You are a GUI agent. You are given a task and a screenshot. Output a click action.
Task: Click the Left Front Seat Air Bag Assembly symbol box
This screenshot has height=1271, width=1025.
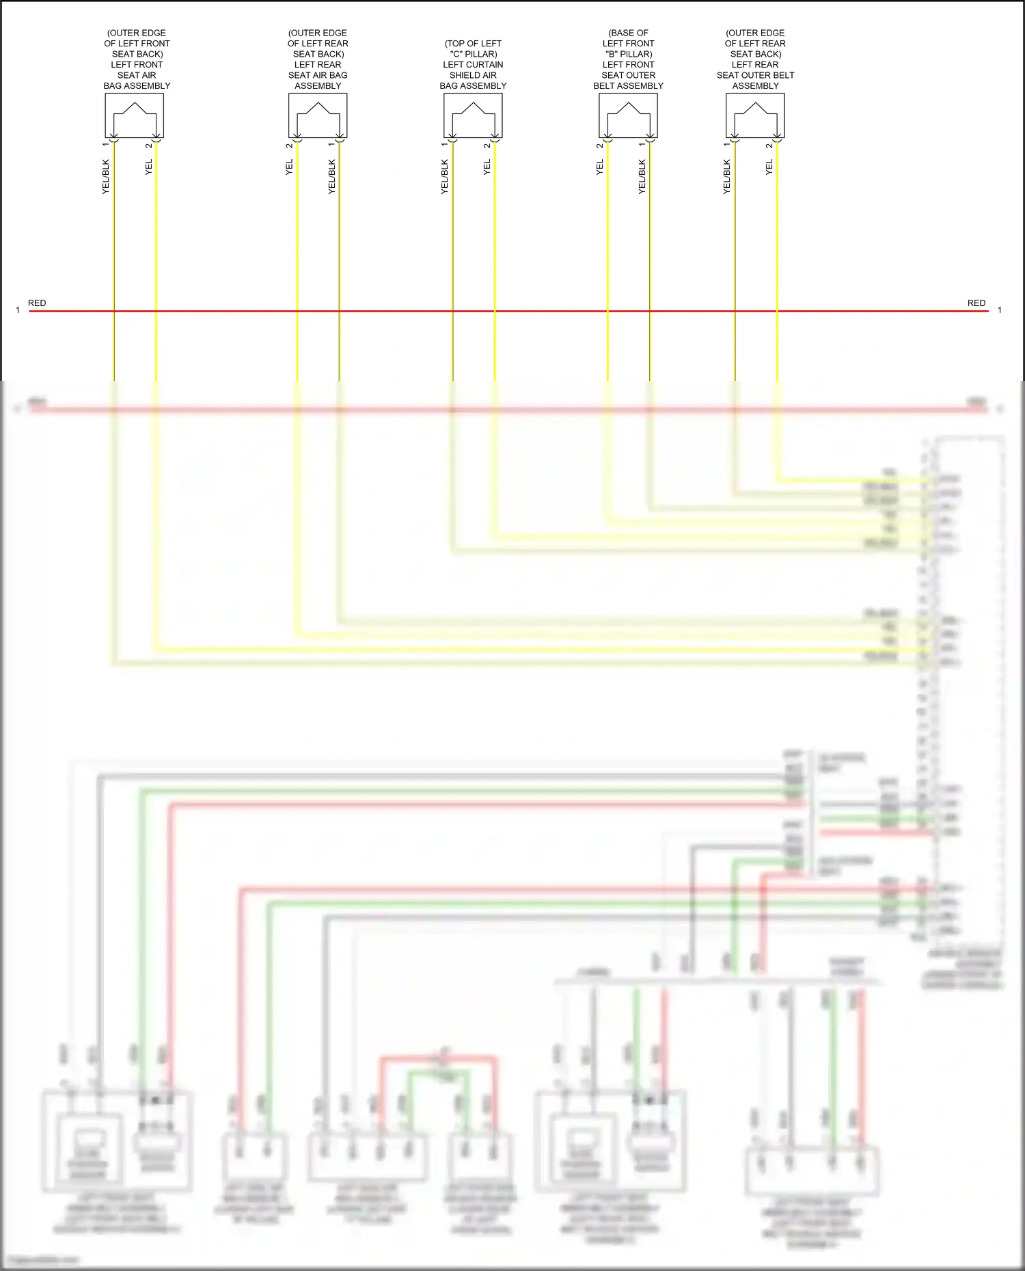click(x=134, y=115)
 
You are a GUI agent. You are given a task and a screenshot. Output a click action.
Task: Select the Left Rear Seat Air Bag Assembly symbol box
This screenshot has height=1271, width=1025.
click(x=318, y=115)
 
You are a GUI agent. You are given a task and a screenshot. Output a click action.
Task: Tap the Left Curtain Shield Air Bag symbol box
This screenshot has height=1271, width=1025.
click(x=473, y=115)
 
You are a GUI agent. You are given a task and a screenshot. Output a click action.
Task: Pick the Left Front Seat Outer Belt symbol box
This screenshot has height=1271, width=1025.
click(x=628, y=115)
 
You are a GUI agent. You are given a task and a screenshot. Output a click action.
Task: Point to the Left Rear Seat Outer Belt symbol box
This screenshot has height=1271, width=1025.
click(x=755, y=115)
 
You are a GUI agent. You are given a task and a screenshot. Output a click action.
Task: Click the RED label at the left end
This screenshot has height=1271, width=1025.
click(x=37, y=303)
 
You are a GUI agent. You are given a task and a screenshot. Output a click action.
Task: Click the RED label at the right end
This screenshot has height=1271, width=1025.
click(x=976, y=303)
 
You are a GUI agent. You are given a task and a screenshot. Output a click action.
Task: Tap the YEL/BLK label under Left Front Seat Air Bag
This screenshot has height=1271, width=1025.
click(x=105, y=177)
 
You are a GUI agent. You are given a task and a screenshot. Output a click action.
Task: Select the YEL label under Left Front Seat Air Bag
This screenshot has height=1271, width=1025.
click(x=148, y=167)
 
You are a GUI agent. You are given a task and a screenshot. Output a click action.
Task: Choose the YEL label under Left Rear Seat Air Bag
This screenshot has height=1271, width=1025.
click(x=289, y=167)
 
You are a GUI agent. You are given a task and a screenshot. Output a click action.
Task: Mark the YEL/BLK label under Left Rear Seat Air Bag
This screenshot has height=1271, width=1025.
click(x=332, y=177)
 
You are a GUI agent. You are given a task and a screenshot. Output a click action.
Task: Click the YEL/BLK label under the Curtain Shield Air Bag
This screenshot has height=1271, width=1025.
click(x=444, y=177)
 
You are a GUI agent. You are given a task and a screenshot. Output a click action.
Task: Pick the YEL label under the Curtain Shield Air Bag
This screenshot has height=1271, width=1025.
click(x=487, y=167)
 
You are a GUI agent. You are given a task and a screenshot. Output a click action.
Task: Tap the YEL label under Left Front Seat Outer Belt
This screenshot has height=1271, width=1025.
click(x=599, y=167)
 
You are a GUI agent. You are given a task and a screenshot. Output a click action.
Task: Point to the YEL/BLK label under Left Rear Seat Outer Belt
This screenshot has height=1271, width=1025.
click(x=726, y=177)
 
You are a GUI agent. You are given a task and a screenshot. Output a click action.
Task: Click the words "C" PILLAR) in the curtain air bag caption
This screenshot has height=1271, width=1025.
click(x=473, y=54)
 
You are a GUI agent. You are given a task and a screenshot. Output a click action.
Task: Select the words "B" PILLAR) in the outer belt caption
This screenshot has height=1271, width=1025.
click(x=629, y=54)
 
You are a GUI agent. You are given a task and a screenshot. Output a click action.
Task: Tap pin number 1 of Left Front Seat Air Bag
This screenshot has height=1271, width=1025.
click(x=105, y=144)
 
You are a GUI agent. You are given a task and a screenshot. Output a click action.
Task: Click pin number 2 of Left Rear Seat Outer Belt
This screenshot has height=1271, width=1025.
click(x=769, y=145)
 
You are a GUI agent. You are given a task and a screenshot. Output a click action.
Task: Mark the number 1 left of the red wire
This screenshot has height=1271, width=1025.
click(x=18, y=310)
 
